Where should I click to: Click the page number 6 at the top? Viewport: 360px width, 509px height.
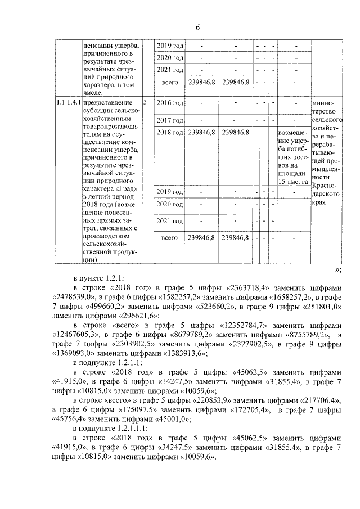198,28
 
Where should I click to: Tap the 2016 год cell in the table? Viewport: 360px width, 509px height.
169,103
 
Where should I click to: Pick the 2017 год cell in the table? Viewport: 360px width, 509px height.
169,120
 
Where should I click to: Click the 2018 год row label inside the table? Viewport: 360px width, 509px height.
169,132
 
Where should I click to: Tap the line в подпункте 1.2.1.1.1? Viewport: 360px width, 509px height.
110,427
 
